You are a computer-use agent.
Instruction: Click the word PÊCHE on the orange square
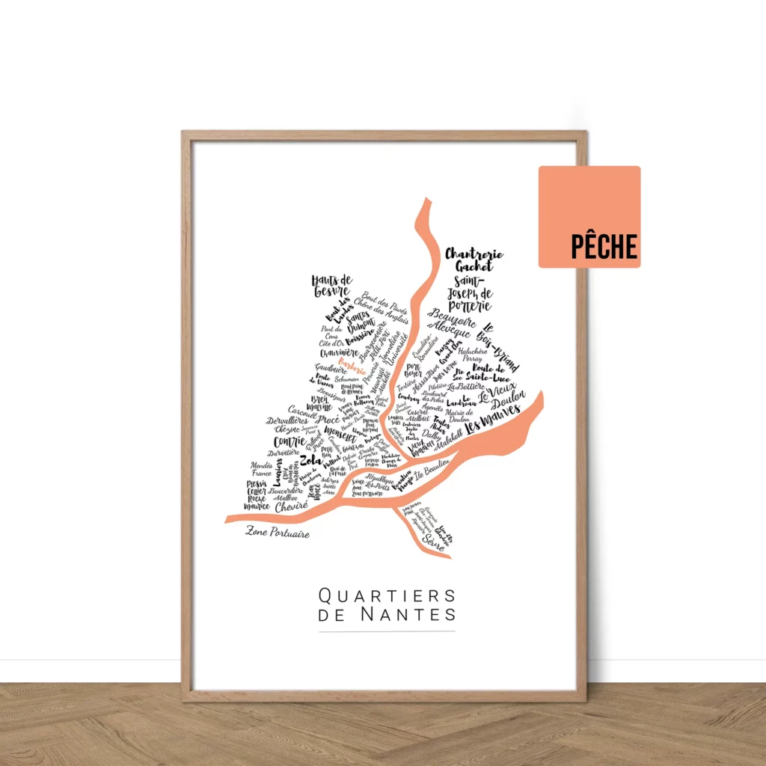[x=604, y=246]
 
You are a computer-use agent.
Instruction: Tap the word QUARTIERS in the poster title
[x=387, y=595]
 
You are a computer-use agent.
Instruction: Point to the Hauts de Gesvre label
[x=331, y=285]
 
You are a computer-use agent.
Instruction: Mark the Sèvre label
[x=432, y=538]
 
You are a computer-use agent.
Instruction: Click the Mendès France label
[x=261, y=469]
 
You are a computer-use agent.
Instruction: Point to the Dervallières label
[x=287, y=421]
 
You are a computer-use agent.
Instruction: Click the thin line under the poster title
[x=387, y=631]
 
